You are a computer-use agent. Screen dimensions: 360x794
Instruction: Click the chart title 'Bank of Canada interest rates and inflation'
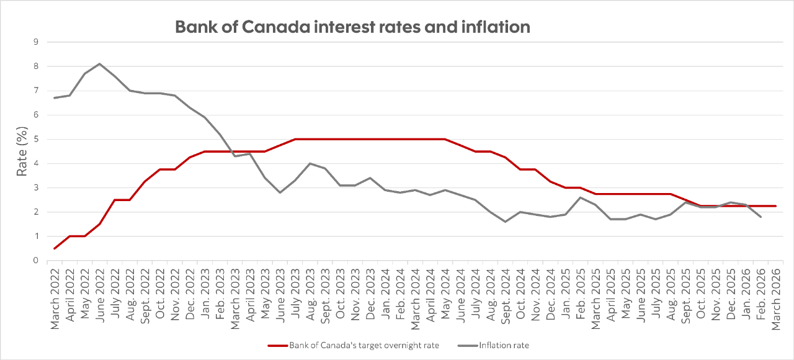(x=352, y=27)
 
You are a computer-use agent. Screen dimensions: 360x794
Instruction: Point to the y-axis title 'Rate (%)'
(x=22, y=151)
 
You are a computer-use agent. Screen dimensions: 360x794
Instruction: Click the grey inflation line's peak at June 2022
(x=100, y=64)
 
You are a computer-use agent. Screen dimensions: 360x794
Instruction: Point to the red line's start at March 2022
(x=55, y=248)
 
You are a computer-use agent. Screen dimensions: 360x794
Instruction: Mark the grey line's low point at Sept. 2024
(x=506, y=222)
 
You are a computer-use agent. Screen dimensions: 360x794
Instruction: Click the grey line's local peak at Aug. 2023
(x=310, y=163)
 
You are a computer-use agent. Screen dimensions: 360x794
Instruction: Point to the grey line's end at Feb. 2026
(x=761, y=217)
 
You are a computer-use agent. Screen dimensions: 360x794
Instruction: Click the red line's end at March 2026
(x=775, y=206)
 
